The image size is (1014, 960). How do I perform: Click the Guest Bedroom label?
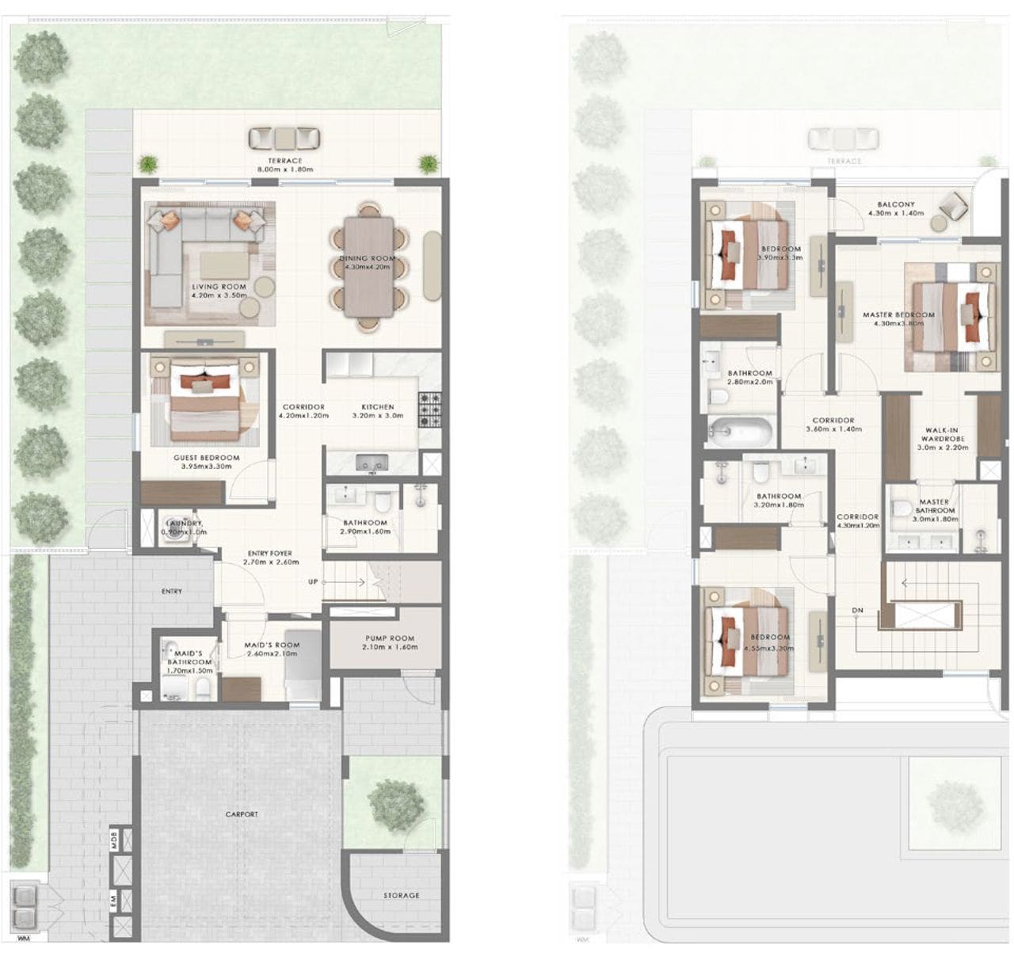click(x=206, y=462)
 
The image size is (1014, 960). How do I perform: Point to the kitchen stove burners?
click(x=429, y=409)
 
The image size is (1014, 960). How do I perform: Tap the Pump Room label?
click(x=390, y=642)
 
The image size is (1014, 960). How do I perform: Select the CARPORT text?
click(x=242, y=814)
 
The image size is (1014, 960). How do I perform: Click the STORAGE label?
click(x=402, y=895)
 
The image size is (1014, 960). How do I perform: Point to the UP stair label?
click(x=314, y=582)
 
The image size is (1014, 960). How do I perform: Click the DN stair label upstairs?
click(x=857, y=610)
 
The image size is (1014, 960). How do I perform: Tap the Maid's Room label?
click(x=272, y=650)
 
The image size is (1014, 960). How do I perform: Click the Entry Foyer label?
click(x=270, y=558)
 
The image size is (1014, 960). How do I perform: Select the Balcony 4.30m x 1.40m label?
click(x=896, y=208)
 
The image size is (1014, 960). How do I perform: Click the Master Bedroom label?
click(x=898, y=318)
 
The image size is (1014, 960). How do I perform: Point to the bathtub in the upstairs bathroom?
click(x=740, y=432)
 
